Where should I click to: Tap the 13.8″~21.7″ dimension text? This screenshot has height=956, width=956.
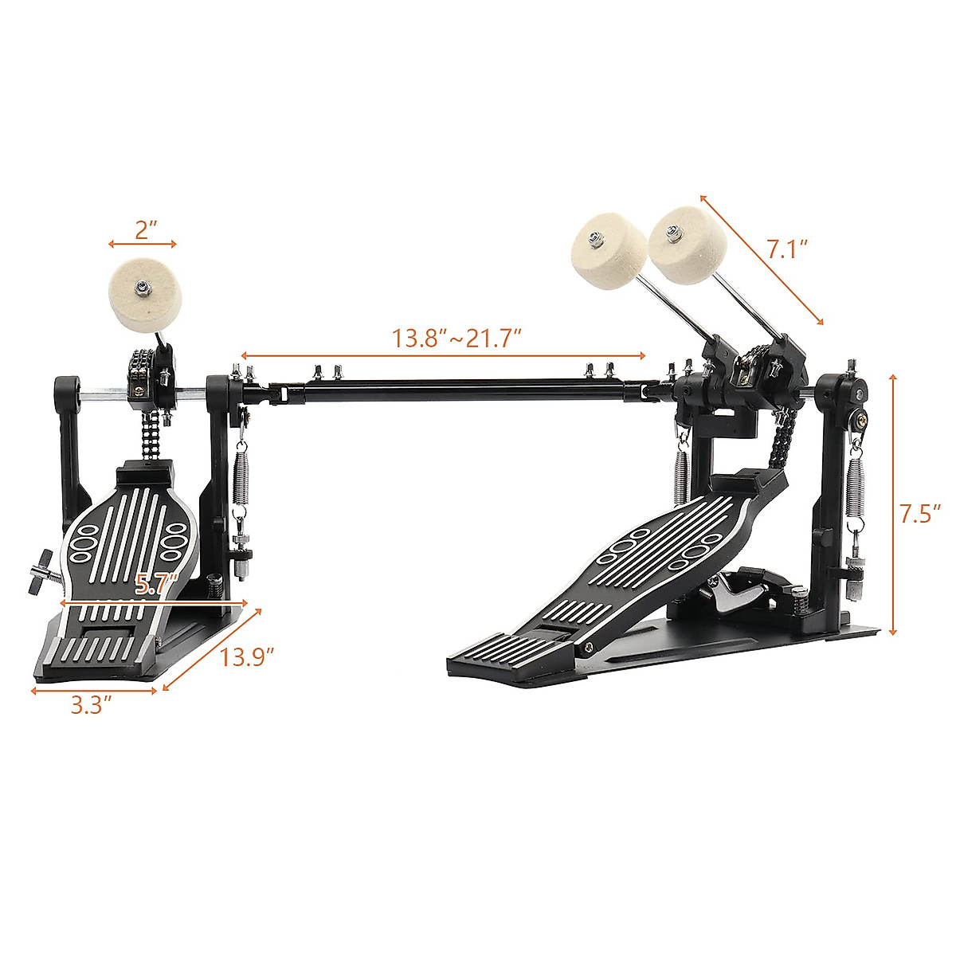click(x=456, y=338)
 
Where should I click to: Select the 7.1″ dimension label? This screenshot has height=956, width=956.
click(x=788, y=250)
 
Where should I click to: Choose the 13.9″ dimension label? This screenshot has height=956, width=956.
click(x=248, y=657)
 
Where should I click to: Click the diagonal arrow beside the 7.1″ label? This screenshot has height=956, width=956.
click(x=761, y=260)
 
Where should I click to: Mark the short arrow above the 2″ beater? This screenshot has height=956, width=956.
click(x=143, y=244)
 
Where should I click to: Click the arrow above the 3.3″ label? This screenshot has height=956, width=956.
click(x=94, y=690)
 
